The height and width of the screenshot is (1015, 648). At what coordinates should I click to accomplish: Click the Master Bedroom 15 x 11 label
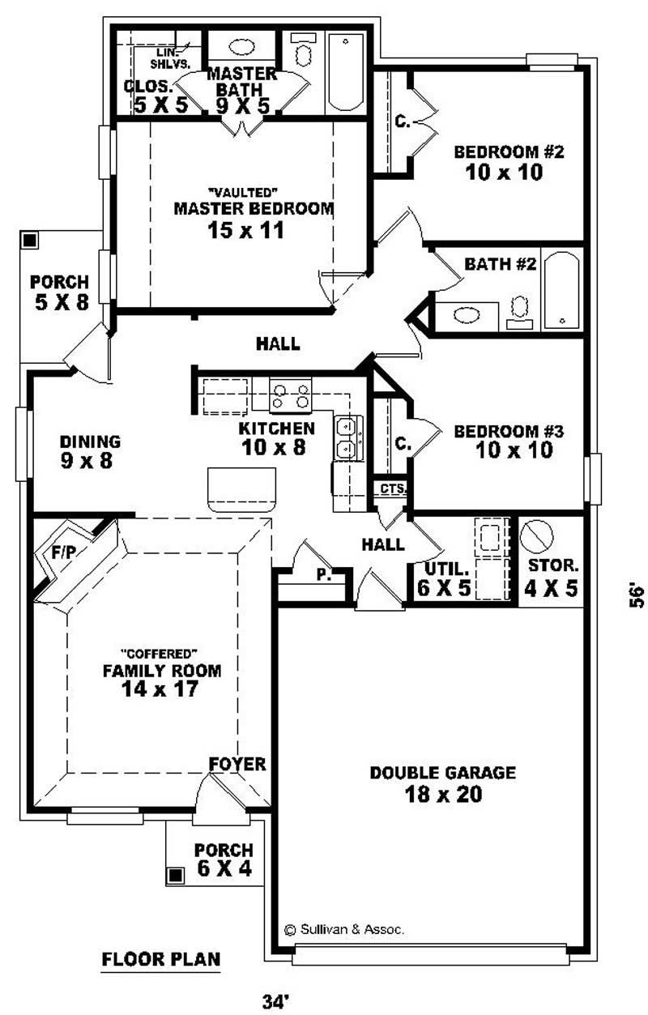tap(254, 219)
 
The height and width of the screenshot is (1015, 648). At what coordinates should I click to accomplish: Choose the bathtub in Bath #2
tap(561, 290)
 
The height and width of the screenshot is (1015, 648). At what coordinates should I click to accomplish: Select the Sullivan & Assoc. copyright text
tap(343, 929)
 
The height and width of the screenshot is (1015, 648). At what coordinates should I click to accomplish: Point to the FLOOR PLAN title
tap(161, 960)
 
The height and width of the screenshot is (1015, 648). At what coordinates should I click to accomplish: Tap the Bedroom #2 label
tap(497, 161)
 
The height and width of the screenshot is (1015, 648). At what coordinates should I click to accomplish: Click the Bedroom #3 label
tap(503, 440)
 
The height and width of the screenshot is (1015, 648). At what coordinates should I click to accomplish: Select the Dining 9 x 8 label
tap(90, 451)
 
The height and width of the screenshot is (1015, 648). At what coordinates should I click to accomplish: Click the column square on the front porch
tap(176, 875)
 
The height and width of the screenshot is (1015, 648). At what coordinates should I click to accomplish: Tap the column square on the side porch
tap(30, 241)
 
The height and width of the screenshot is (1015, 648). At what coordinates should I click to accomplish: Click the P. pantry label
tap(322, 574)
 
